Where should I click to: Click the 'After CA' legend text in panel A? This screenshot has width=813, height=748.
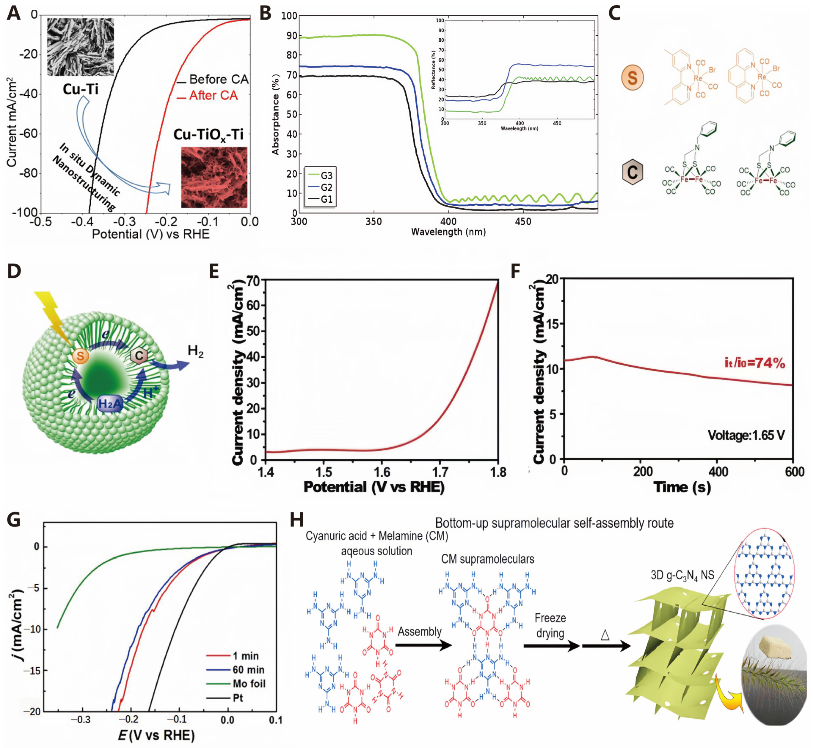click(213, 96)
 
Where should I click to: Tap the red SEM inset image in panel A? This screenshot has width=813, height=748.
click(214, 177)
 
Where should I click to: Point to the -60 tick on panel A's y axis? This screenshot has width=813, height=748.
click(28, 134)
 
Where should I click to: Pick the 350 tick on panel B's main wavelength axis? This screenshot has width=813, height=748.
click(373, 222)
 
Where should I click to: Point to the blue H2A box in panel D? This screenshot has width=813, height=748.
click(110, 403)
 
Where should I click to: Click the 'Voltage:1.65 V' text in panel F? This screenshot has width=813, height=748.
click(746, 436)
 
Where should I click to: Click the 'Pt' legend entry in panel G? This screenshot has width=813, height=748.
click(238, 698)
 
